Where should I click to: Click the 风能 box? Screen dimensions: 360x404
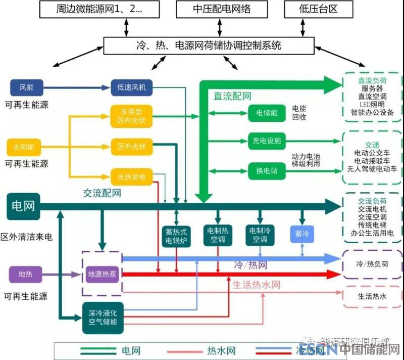tap(26, 87)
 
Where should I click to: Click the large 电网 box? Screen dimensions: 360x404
tap(23, 206)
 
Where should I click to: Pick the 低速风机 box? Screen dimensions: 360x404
tap(131, 87)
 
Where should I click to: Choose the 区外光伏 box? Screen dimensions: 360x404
tap(131, 147)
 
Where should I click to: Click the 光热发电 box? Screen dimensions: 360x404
tap(131, 176)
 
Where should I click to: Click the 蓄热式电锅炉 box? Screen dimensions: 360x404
tap(176, 236)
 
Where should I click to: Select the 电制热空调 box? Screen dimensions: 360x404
tap(218, 236)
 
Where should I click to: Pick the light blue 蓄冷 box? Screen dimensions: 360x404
tap(302, 234)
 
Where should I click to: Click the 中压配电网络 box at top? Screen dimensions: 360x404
tap(222, 9)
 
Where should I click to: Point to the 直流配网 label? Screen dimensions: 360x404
tap(232, 96)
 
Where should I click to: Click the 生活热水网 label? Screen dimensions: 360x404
tap(256, 285)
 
